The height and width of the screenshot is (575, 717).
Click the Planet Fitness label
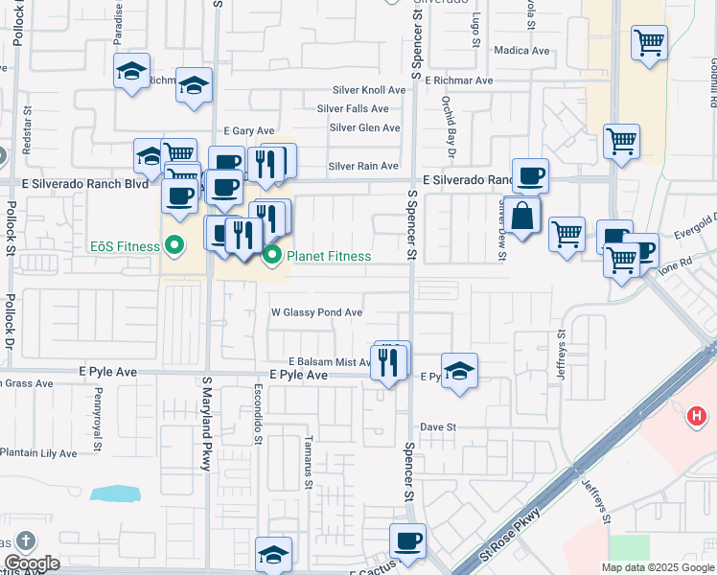(x=329, y=256)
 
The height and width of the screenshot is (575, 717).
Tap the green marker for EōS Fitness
(x=173, y=246)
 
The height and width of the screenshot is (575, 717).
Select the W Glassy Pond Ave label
(x=316, y=312)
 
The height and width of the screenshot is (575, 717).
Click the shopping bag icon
(x=522, y=216)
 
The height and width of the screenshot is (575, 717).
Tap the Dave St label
(x=437, y=426)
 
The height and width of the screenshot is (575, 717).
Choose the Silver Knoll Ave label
(x=369, y=89)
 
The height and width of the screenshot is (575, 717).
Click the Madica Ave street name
(x=520, y=50)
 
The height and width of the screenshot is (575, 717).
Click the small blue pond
(x=114, y=494)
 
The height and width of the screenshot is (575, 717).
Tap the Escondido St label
(x=258, y=415)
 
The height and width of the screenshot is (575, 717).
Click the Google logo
(x=31, y=563)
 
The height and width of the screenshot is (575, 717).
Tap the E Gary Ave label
(x=248, y=130)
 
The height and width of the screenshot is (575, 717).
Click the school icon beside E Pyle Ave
(x=459, y=371)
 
